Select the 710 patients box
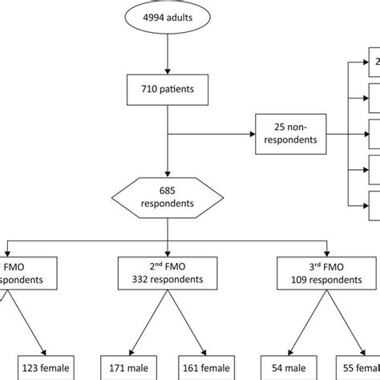tap(167, 89)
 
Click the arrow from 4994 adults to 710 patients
tap(167, 56)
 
